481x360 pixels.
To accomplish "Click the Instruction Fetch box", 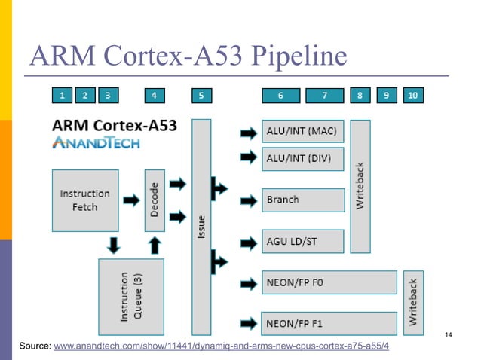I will tap(84, 200).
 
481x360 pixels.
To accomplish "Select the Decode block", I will tap(155, 200).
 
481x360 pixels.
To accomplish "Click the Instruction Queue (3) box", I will tap(130, 297).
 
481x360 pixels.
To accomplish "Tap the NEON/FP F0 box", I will tap(329, 282).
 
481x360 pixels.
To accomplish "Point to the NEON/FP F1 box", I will tap(329, 322).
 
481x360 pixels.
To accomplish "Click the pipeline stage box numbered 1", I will tap(62, 95).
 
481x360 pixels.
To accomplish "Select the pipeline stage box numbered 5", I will tap(201, 95).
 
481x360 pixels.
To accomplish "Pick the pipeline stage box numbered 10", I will tap(412, 95).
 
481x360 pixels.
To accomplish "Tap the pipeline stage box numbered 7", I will tap(324, 95).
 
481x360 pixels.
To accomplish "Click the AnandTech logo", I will tap(96, 143).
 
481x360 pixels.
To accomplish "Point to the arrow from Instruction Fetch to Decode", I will tap(130, 200).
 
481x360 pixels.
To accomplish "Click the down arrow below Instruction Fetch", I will tap(112, 245).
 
